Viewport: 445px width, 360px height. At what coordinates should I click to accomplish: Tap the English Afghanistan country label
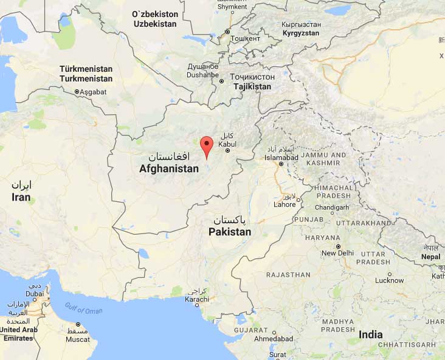[169, 168]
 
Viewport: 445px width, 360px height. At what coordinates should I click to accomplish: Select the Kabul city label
[227, 144]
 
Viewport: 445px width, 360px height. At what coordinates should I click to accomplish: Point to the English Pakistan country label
[230, 232]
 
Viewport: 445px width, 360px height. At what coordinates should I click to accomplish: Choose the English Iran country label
[21, 197]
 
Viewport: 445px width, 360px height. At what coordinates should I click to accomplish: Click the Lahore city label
[285, 204]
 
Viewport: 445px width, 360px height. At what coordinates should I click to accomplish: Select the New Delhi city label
[337, 253]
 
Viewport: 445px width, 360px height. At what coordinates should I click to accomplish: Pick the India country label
[371, 334]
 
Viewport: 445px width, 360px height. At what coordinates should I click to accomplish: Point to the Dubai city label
[35, 293]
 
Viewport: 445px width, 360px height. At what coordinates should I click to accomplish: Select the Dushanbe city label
[202, 75]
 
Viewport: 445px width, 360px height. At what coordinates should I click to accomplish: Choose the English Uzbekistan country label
[154, 24]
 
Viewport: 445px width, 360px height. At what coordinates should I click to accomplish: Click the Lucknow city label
[389, 280]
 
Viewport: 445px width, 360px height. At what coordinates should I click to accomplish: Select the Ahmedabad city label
[274, 338]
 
